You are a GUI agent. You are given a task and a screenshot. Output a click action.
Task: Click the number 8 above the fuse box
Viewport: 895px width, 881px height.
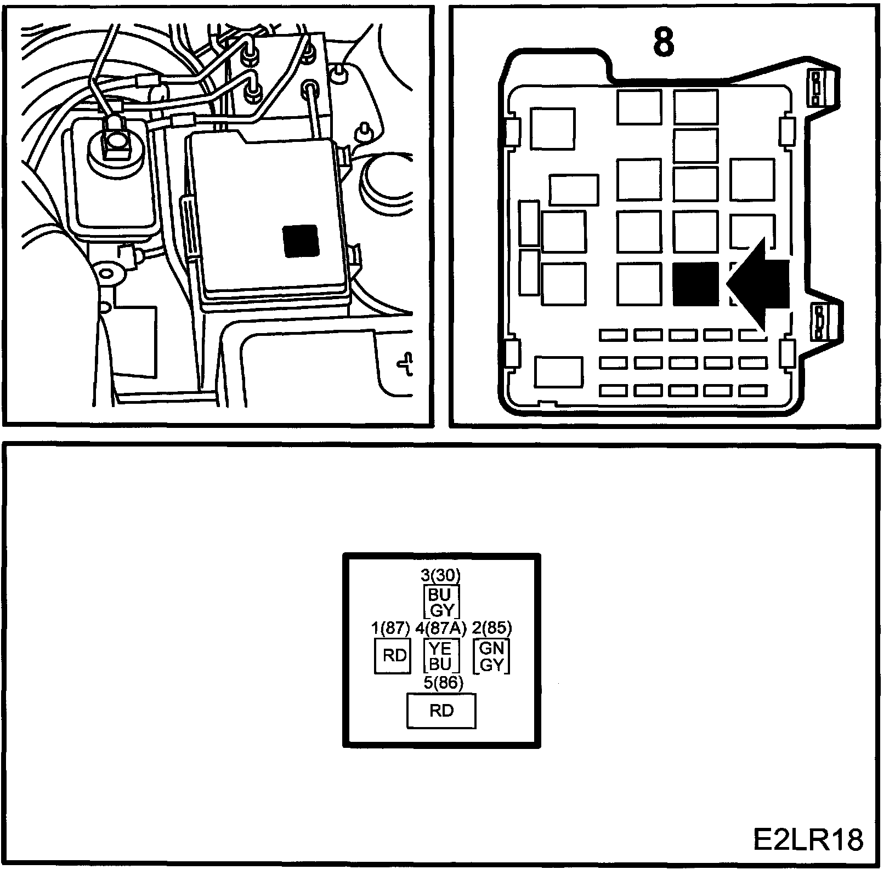point(664,42)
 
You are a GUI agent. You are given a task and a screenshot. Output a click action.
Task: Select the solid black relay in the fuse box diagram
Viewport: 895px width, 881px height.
point(695,283)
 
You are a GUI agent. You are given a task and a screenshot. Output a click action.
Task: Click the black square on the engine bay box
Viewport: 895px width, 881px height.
point(301,240)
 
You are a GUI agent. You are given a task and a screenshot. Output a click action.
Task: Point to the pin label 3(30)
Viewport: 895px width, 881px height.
point(440,575)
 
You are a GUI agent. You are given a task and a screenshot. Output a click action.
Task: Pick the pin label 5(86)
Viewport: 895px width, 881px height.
point(443,683)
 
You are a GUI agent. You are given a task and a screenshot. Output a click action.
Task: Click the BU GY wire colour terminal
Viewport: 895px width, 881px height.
point(441,602)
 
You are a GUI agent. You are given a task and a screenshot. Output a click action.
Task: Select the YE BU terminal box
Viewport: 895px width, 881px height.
point(440,656)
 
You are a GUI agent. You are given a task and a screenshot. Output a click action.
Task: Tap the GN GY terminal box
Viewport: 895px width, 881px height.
point(491,656)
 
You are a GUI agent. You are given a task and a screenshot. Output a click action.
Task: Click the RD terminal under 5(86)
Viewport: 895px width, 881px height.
point(441,711)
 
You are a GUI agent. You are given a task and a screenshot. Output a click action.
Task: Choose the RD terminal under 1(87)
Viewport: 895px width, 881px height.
point(393,656)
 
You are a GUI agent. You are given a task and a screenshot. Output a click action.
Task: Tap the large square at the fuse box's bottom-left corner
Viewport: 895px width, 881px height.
point(559,373)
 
